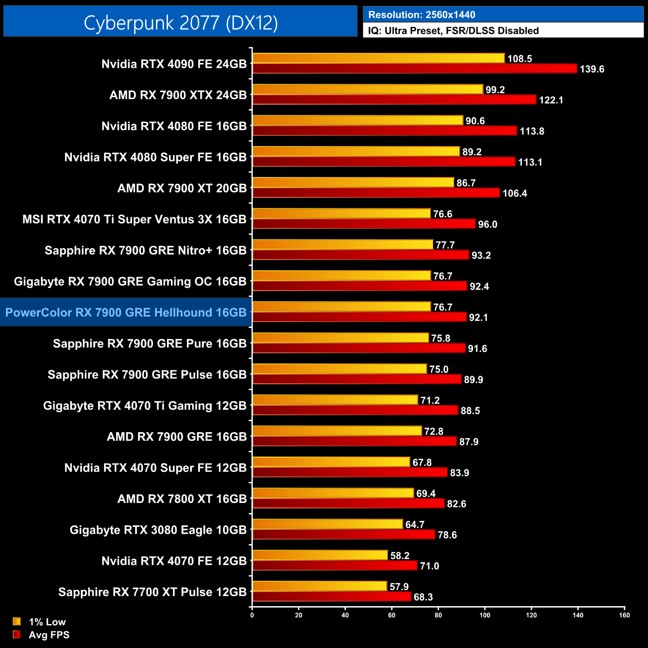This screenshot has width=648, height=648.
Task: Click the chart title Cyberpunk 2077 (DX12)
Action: click(180, 22)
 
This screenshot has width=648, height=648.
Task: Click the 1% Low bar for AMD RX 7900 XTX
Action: click(368, 90)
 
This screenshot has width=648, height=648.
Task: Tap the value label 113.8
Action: click(532, 131)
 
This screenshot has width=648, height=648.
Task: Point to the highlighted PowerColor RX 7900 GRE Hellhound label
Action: click(126, 313)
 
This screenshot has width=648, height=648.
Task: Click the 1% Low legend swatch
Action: click(17, 622)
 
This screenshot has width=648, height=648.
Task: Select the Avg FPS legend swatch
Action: click(17, 635)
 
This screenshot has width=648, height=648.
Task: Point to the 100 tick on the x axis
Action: click(485, 615)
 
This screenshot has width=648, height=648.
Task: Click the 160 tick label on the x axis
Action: click(625, 615)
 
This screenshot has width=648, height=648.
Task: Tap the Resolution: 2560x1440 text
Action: click(422, 15)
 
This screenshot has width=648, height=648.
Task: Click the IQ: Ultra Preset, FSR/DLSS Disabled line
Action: click(454, 31)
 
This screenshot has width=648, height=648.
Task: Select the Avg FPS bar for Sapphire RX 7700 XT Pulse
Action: click(331, 597)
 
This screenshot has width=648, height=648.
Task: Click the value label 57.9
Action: click(399, 587)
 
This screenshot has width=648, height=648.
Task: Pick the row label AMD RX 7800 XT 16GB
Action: click(182, 499)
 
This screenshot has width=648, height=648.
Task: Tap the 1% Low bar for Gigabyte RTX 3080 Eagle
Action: click(327, 524)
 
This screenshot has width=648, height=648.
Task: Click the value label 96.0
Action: click(487, 224)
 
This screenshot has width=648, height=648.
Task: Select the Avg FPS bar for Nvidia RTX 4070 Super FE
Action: click(350, 473)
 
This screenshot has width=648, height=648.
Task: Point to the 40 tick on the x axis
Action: click(345, 615)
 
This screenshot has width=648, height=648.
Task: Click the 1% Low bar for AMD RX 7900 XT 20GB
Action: click(353, 183)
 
